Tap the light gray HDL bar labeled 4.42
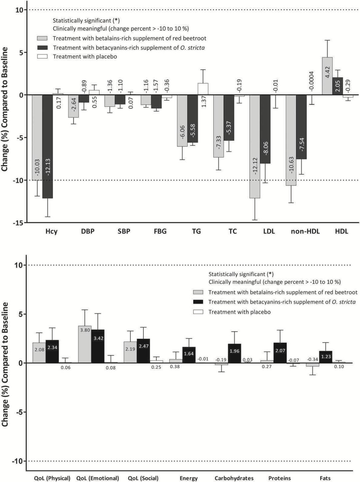(327, 76)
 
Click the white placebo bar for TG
(203, 89)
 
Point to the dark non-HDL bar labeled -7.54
(301, 127)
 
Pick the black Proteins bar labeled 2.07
(280, 353)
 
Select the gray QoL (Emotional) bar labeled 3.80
(85, 344)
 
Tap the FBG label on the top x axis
(160, 231)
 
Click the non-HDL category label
(305, 231)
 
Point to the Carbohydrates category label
(234, 478)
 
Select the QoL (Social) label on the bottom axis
(143, 478)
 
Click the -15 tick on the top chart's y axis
(18, 223)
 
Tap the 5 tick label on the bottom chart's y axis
(21, 314)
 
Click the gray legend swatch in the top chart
(42, 38)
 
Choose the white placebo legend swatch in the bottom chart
(198, 312)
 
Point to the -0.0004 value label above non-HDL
(311, 81)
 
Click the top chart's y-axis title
(5, 109)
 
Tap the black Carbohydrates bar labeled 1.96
(234, 353)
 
